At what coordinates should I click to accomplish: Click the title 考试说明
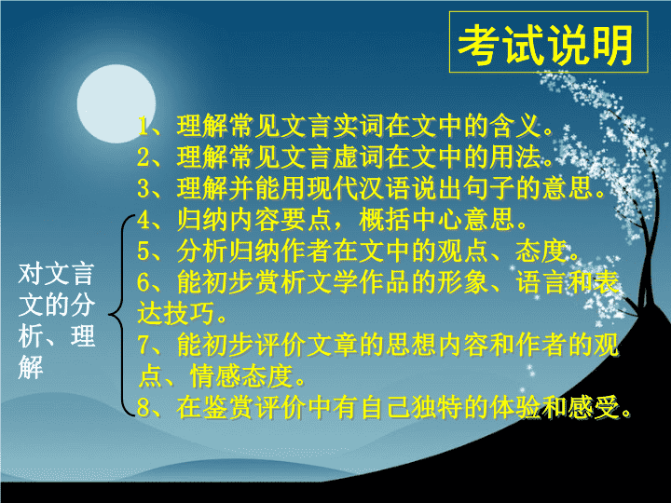pos(545,45)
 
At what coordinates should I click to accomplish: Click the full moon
pos(116,103)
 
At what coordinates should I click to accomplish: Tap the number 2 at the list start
pos(144,157)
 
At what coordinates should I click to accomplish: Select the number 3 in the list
pos(144,188)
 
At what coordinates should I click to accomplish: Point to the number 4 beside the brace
pos(144,220)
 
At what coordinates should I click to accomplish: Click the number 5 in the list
pos(144,251)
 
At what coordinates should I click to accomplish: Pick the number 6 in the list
pos(144,282)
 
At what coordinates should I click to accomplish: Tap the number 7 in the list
pos(144,345)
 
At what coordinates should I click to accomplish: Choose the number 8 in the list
pos(144,407)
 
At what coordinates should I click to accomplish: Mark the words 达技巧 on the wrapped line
pos(176,314)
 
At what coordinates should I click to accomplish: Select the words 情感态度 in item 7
pos(241,376)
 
